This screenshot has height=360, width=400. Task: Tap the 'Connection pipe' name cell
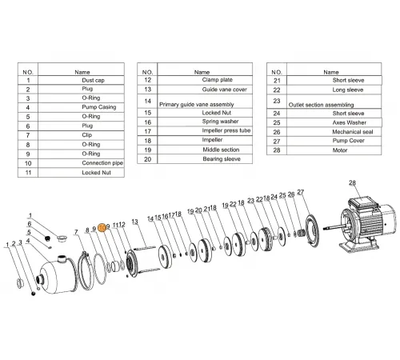(102, 162)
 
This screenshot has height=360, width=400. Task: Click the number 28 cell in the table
(277, 150)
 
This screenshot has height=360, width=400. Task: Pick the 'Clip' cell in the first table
(87, 134)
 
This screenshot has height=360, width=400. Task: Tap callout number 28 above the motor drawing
(351, 184)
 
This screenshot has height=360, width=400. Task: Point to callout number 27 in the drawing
(301, 193)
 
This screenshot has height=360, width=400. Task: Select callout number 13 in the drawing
(134, 221)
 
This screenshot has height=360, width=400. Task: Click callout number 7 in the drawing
(77, 231)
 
